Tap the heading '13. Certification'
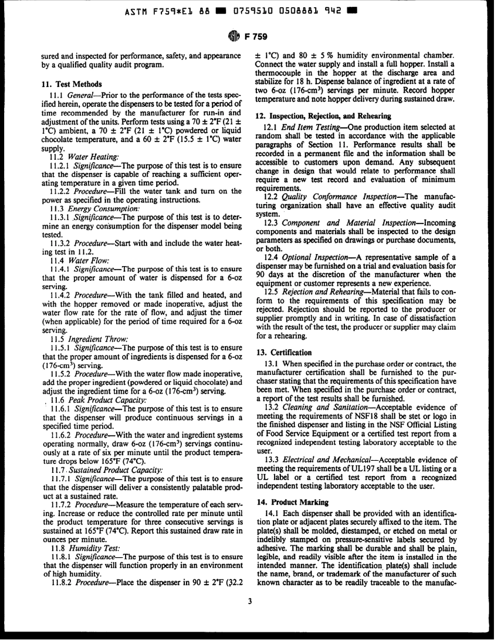[283, 353]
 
